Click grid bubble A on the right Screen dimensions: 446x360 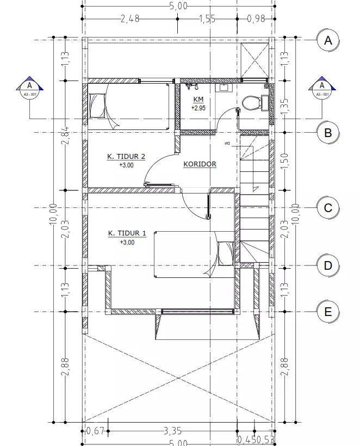click(328, 40)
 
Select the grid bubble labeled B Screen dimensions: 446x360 click(328, 133)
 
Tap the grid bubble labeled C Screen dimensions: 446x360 click(328, 208)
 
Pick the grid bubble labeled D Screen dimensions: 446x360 click(328, 265)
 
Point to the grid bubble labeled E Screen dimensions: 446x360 click(328, 312)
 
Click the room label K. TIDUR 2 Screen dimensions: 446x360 click(126, 157)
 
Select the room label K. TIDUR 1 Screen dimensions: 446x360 click(127, 233)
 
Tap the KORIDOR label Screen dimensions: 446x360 click(200, 164)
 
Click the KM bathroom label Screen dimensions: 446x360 click(198, 100)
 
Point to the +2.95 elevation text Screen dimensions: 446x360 click(198, 108)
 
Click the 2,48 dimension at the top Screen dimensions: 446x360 click(129, 18)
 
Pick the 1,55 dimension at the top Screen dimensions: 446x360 click(207, 18)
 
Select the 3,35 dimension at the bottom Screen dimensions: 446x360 click(172, 431)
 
